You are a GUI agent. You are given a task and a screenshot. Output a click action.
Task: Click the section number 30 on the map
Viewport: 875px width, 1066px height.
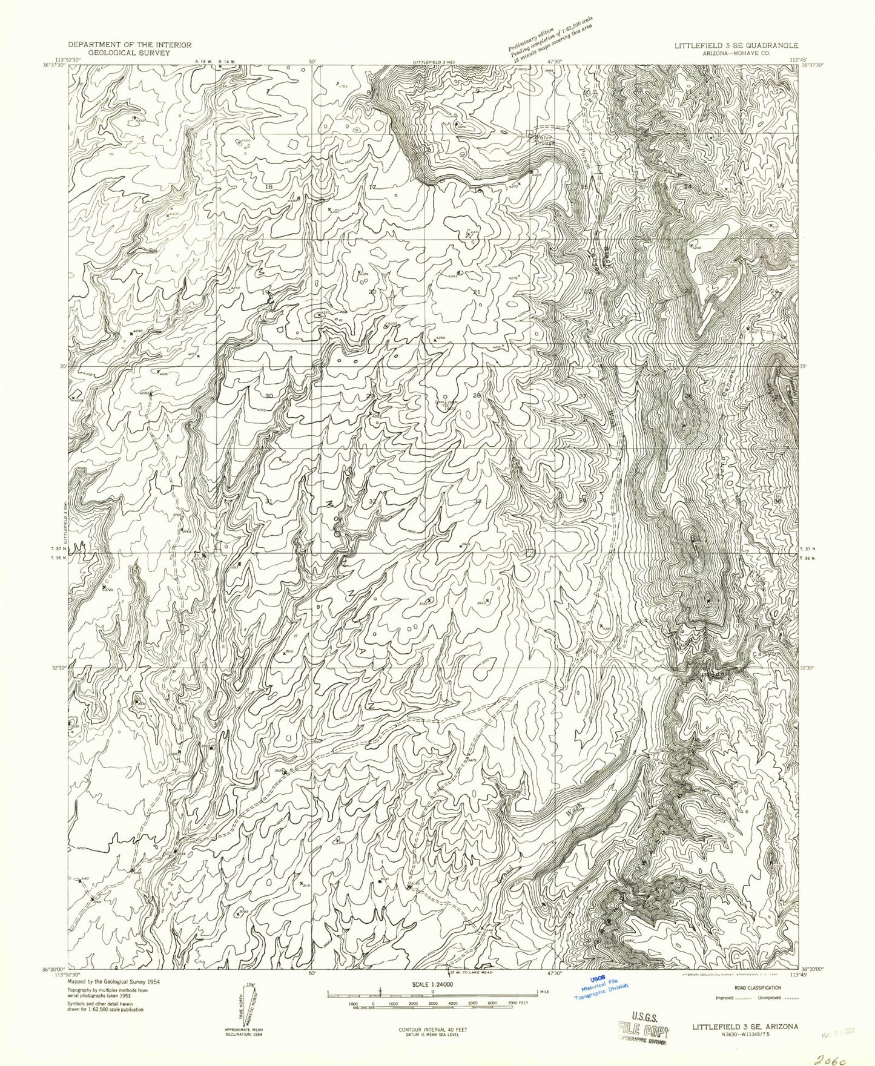click(269, 396)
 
